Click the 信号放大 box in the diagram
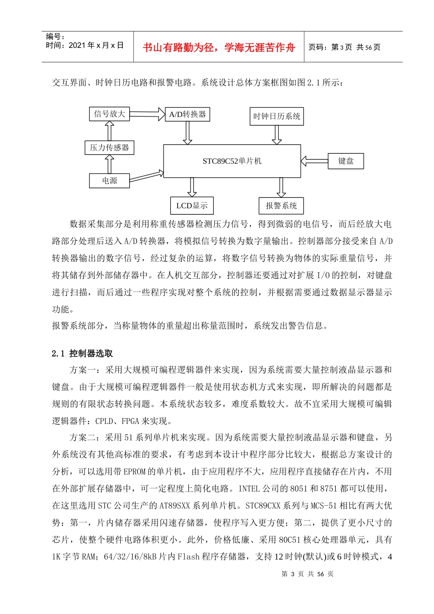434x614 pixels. (109, 114)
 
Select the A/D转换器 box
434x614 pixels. (187, 114)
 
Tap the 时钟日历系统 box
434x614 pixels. (277, 116)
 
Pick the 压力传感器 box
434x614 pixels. (109, 148)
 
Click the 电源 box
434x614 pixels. (109, 180)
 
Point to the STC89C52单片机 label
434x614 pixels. (232, 161)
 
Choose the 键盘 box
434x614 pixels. (346, 161)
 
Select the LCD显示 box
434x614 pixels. (192, 206)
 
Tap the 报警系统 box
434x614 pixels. (281, 206)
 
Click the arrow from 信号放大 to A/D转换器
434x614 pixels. (147, 113)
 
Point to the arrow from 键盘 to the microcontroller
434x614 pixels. (314, 161)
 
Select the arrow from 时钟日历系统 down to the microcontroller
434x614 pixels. (277, 135)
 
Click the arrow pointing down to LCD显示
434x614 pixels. (192, 187)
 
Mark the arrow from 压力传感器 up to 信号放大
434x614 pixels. (109, 131)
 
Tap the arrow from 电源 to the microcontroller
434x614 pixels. (147, 176)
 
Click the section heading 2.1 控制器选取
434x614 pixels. (82, 354)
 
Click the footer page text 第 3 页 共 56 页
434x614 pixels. (307, 574)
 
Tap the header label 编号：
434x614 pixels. (56, 37)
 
